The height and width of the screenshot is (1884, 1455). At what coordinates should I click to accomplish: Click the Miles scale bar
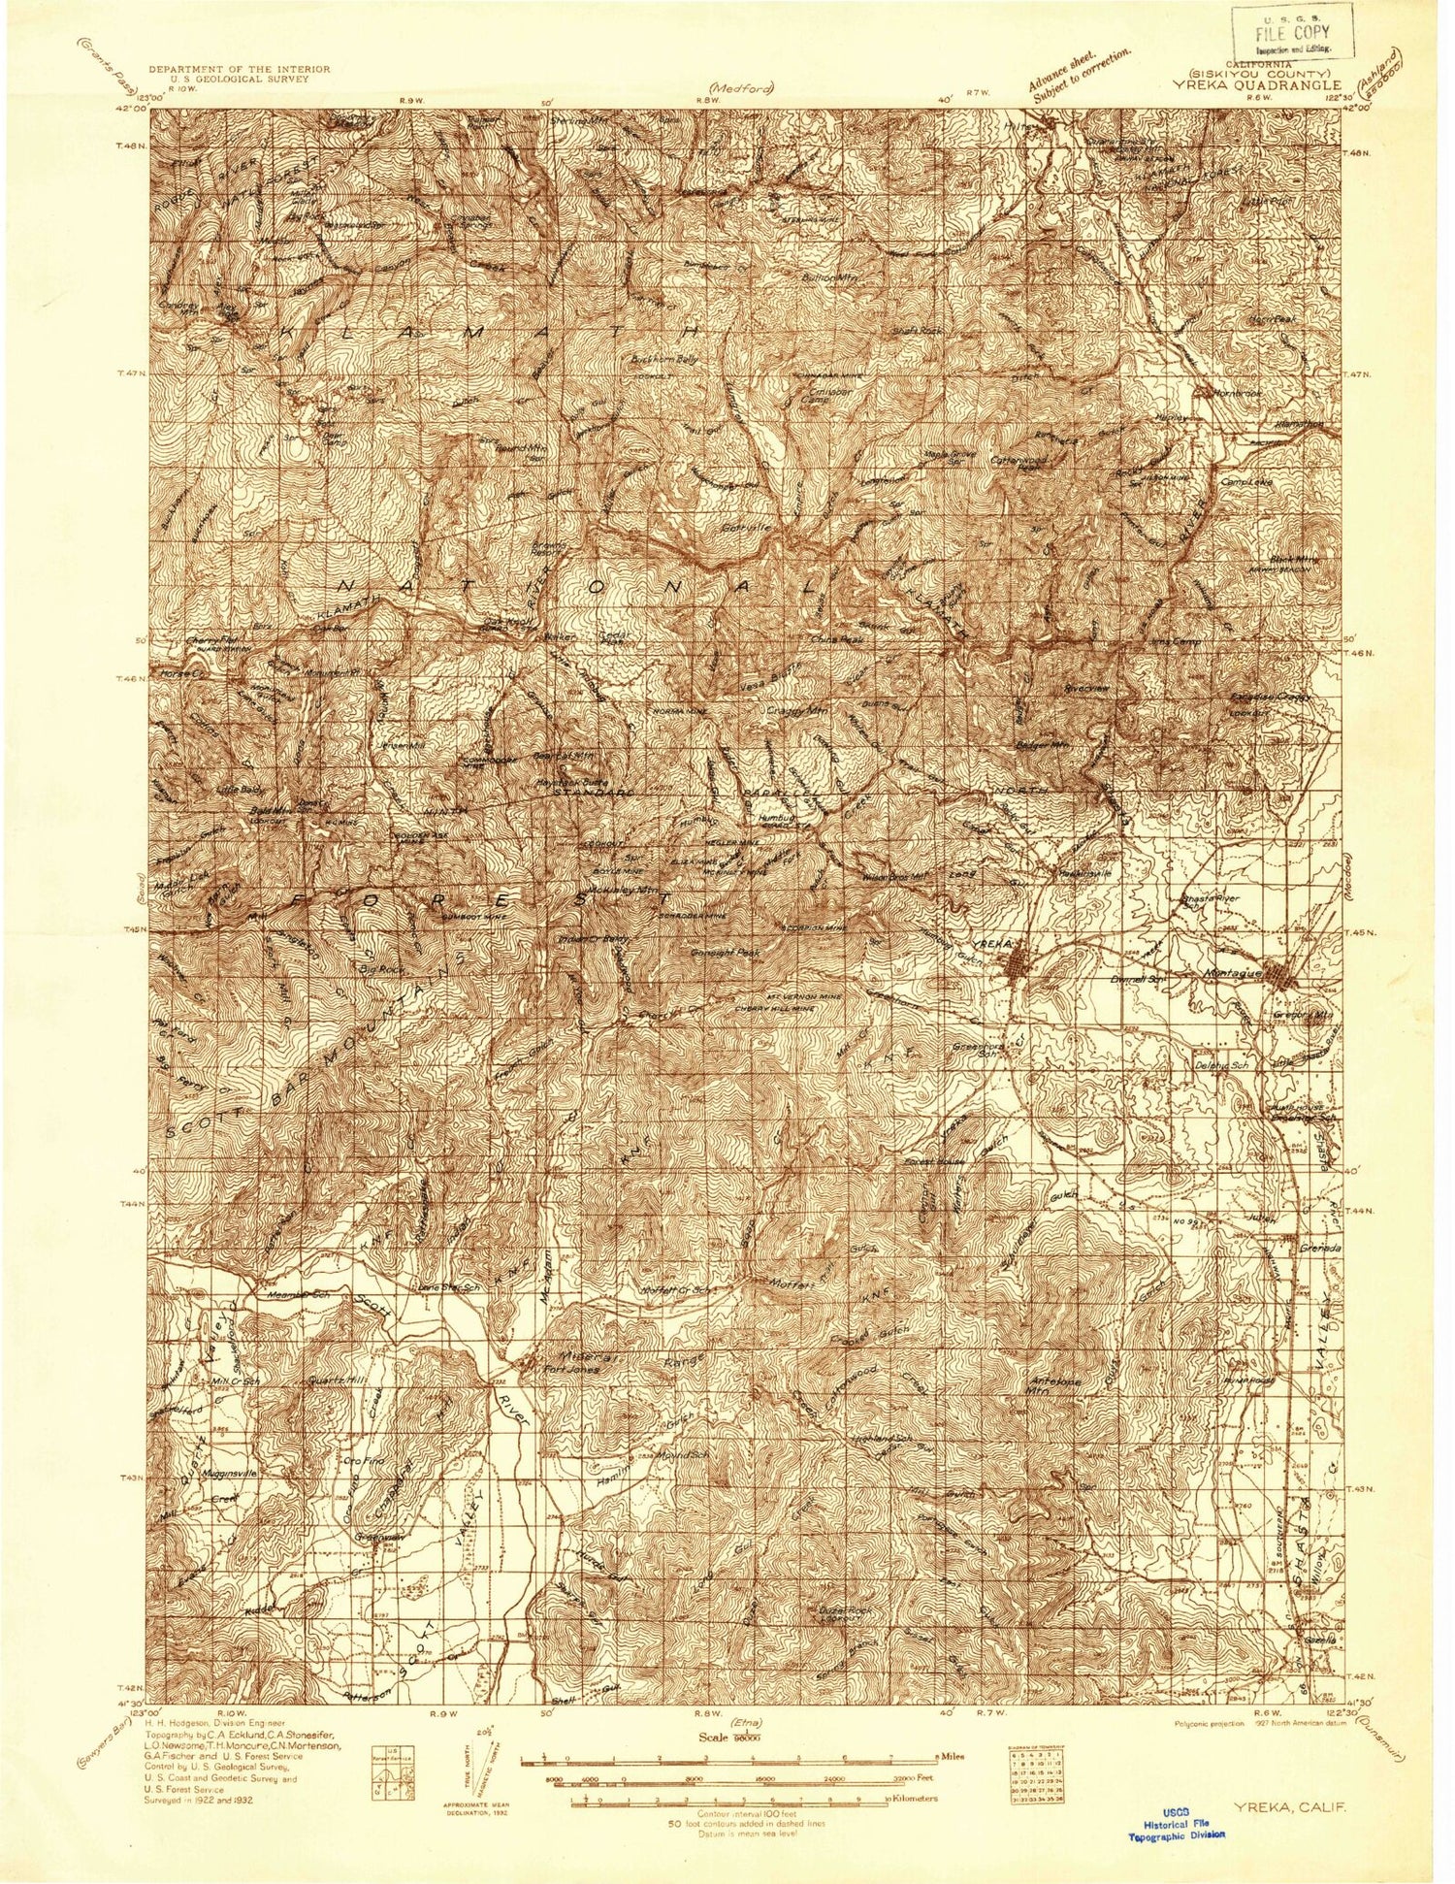[727, 1730]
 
